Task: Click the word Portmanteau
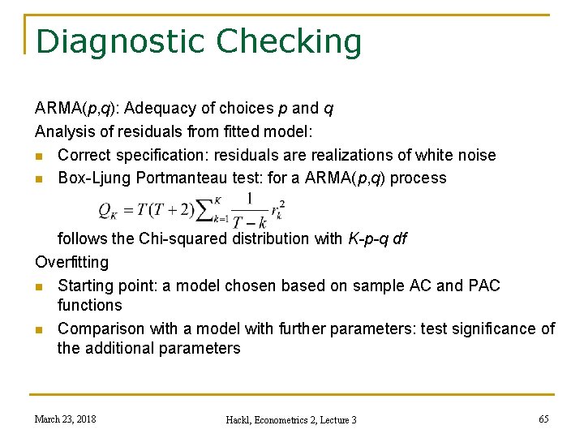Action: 176,178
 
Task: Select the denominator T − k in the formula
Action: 249,222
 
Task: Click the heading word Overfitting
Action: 71,263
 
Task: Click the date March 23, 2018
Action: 65,419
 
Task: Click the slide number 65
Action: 543,419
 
